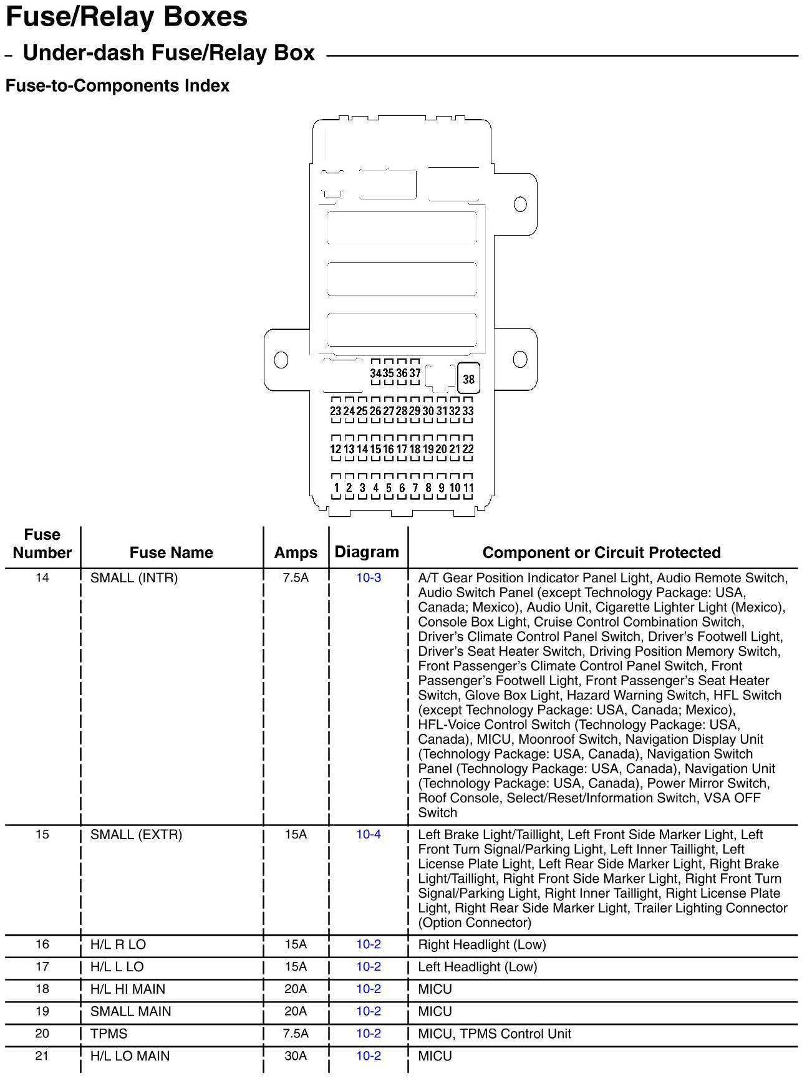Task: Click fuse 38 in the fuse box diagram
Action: [468, 378]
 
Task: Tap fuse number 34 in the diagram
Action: [375, 373]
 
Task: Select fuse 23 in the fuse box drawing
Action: [336, 411]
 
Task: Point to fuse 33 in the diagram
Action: [468, 411]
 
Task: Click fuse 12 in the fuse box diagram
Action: [336, 449]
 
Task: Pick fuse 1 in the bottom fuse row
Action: [336, 488]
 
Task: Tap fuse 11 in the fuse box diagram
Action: [468, 488]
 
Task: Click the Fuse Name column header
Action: [171, 552]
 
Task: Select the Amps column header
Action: [296, 552]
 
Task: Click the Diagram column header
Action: [367, 552]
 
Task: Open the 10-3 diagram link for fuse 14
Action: [369, 578]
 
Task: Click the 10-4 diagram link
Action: [369, 835]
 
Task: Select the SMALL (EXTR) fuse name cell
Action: [136, 835]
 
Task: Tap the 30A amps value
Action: [296, 1056]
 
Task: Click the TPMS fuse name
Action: [109, 1034]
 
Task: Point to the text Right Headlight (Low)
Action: [481, 944]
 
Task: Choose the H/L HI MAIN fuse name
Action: [127, 989]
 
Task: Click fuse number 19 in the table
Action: [42, 1011]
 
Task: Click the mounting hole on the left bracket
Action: [281, 360]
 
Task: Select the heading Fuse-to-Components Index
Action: [117, 85]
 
